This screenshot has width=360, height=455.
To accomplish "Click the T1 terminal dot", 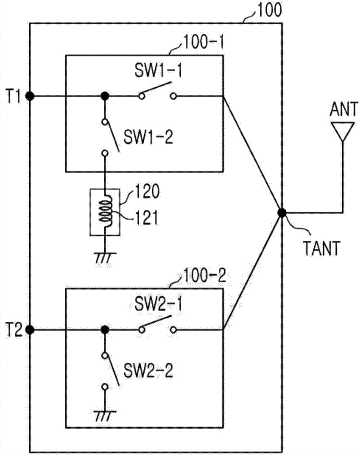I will tap(30, 96).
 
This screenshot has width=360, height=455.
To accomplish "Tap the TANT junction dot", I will tap(282, 212).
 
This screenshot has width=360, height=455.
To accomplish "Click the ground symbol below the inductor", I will tap(105, 256).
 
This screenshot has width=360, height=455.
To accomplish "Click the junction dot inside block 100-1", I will tap(105, 96).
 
